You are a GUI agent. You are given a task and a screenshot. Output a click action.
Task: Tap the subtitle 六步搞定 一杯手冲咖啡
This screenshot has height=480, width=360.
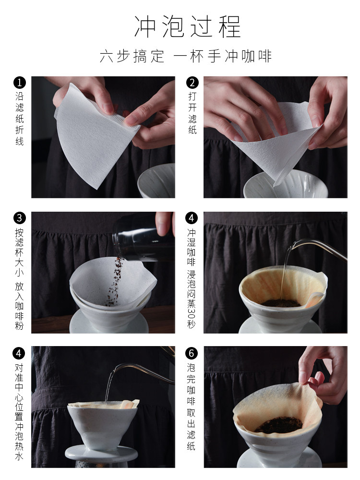click(186, 56)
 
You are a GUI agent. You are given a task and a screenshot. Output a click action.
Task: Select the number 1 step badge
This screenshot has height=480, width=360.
click(20, 83)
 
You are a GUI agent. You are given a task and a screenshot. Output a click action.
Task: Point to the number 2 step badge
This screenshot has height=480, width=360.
click(192, 83)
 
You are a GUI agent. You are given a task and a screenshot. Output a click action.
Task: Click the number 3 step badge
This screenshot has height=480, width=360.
click(20, 218)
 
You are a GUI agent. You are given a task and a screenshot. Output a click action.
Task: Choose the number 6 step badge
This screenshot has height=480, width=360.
click(192, 353)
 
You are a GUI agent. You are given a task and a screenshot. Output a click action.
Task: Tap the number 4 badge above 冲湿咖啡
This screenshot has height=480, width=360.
click(192, 218)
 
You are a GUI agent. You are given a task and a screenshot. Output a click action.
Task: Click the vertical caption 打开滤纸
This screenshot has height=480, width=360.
click(192, 113)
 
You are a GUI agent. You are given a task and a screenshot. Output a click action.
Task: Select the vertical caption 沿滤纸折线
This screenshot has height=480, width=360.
click(20, 119)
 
